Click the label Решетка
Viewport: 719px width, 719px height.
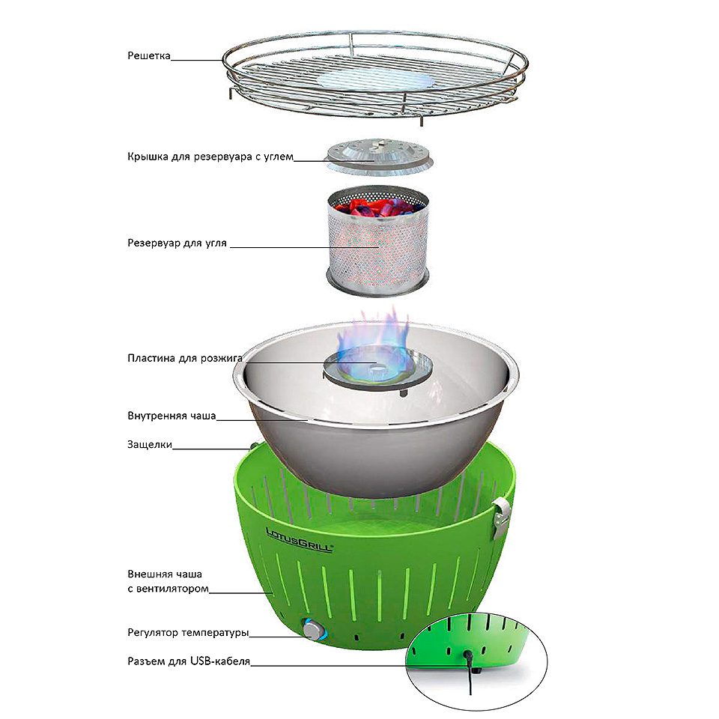[148, 56]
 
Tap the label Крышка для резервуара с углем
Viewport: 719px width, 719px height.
[210, 157]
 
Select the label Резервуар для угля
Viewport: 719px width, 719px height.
[177, 243]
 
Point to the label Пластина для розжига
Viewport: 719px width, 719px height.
[185, 358]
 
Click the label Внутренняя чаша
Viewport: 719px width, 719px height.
[172, 416]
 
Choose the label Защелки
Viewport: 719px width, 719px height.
[150, 445]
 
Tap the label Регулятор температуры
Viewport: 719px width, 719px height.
[188, 633]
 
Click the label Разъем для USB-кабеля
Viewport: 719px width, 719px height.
[189, 661]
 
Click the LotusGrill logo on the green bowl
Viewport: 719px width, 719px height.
[300, 540]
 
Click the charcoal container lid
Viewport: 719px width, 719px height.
[378, 157]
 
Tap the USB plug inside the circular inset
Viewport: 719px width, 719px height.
[468, 658]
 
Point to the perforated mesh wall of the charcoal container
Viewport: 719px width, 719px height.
[378, 248]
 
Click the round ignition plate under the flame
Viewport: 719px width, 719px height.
[377, 369]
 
